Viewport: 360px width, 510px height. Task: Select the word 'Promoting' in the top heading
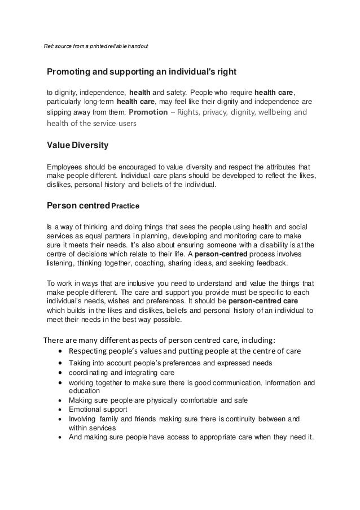[68, 72]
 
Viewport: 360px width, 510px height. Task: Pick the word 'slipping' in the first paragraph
[59, 112]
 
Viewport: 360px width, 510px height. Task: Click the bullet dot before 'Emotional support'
[60, 409]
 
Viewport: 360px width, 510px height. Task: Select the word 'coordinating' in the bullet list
[91, 373]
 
